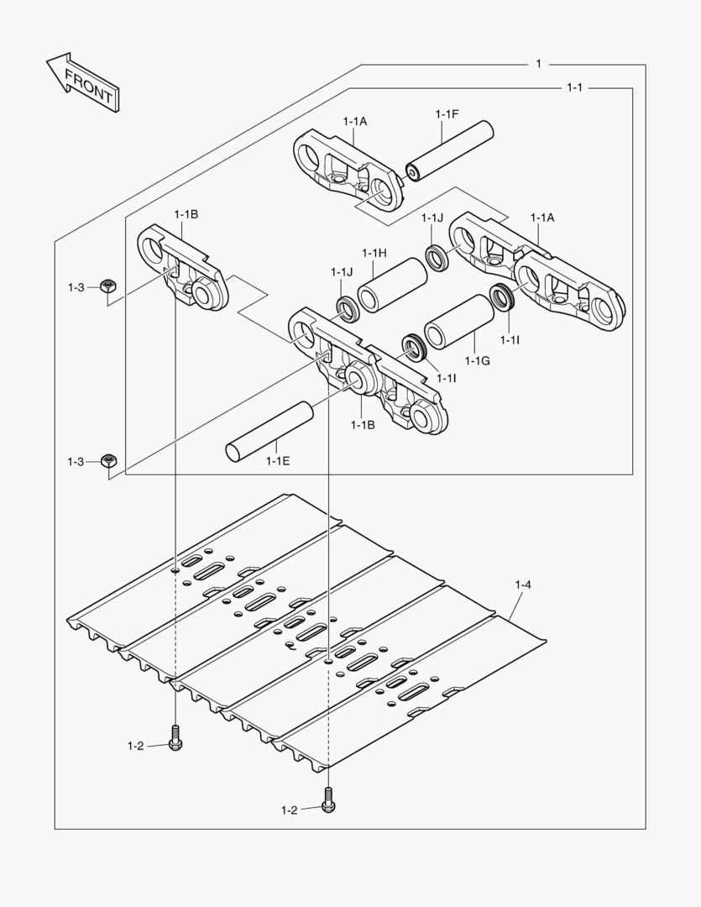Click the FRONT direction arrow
coord(83,82)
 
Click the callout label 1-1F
coord(447,114)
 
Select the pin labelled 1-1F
coord(449,151)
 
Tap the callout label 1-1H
coord(374,253)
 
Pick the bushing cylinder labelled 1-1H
coord(392,285)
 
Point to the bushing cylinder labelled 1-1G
coord(459,322)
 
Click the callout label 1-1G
coord(478,361)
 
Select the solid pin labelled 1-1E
coord(269,432)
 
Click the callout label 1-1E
coord(278,461)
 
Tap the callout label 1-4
coord(523,585)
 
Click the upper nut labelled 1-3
coord(107,286)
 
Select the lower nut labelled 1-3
coord(108,460)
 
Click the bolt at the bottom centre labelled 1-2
coord(328,801)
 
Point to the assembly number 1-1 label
coord(574,87)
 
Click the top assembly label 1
coord(538,64)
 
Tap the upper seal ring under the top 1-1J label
coord(438,259)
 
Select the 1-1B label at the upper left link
coord(186,215)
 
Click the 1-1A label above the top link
coord(355,122)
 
